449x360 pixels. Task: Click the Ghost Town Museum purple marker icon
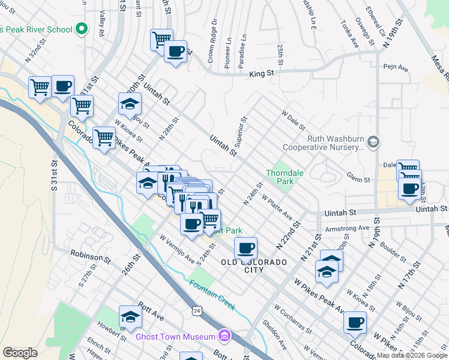(x=224, y=334)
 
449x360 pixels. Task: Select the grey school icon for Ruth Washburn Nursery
(x=373, y=142)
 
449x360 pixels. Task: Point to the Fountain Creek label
(x=211, y=295)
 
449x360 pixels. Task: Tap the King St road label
(x=261, y=73)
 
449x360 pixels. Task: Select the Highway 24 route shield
(x=197, y=310)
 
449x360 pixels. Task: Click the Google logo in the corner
(x=19, y=352)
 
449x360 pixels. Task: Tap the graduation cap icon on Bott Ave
(x=130, y=317)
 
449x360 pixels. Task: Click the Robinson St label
(x=90, y=257)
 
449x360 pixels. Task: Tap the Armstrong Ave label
(x=346, y=228)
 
